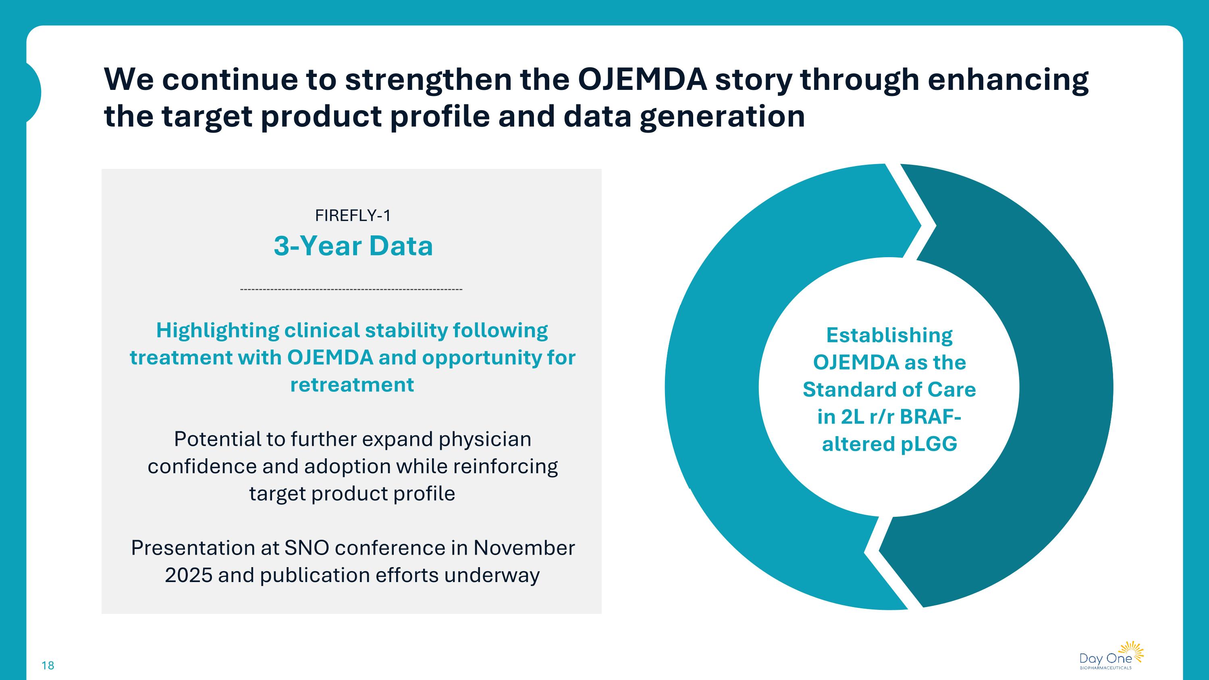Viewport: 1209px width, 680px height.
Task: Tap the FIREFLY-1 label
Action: click(x=353, y=215)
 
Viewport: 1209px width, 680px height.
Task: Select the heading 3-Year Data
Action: click(x=353, y=246)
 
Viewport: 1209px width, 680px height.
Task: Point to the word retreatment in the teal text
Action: click(x=352, y=385)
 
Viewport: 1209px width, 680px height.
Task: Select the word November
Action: click(x=524, y=548)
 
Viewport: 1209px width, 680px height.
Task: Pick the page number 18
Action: click(x=48, y=665)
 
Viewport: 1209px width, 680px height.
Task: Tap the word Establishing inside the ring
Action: click(x=889, y=335)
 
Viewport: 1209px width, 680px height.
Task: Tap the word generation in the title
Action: click(x=722, y=116)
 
